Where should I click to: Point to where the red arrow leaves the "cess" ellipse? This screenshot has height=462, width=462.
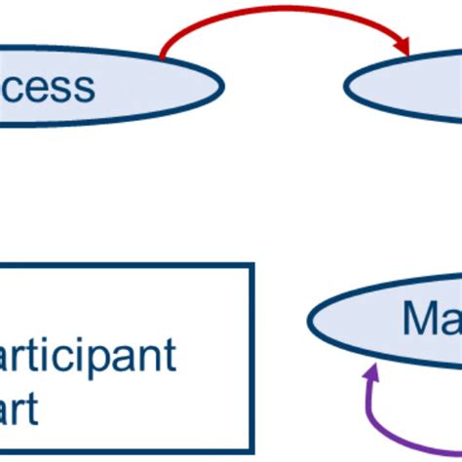click(x=161, y=58)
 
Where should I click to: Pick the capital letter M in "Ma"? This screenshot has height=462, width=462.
click(x=420, y=318)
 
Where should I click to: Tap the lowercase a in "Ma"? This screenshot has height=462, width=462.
click(x=448, y=321)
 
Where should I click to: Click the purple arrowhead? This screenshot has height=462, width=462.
click(x=370, y=374)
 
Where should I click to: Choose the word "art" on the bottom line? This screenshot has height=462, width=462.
click(x=19, y=409)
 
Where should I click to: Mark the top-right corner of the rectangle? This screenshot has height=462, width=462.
click(x=252, y=265)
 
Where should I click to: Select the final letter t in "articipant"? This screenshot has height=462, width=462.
click(x=169, y=357)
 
